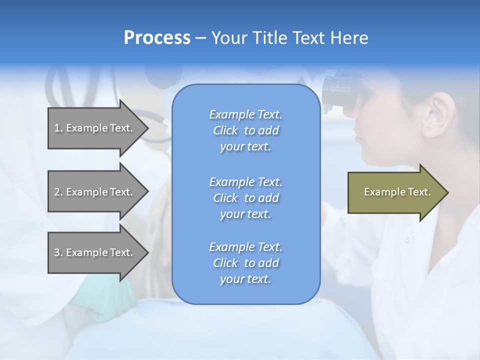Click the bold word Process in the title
tap(157, 38)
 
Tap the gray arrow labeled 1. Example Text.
tap(95, 128)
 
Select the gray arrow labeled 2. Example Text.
tap(95, 192)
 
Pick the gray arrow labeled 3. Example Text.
tap(95, 252)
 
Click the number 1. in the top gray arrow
tap(58, 128)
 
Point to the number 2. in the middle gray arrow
tap(58, 192)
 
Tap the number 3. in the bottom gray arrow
tap(58, 252)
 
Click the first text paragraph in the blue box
tap(245, 130)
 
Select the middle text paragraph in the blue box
tap(245, 198)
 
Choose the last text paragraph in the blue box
tap(245, 263)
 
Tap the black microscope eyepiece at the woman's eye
tap(340, 90)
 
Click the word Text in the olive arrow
tap(419, 192)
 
